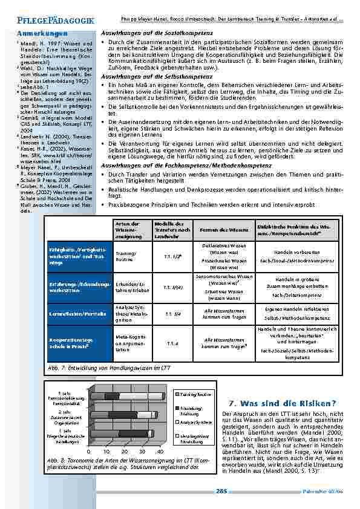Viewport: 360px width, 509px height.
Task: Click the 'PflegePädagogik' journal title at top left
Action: tap(48, 21)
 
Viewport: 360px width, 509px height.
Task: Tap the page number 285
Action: tap(221, 491)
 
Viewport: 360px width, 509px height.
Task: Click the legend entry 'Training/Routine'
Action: tap(195, 393)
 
